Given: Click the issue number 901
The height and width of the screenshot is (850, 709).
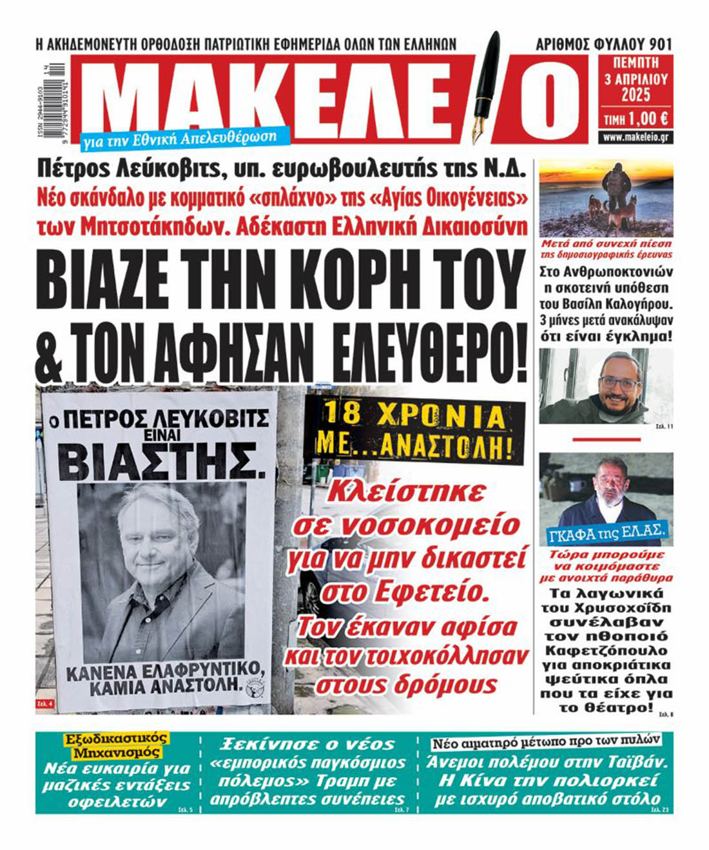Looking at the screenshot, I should click(x=661, y=44).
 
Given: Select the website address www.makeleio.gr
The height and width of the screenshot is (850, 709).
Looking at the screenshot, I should click(x=636, y=138).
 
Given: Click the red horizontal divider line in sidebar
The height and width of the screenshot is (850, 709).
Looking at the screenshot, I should click(x=606, y=439).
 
